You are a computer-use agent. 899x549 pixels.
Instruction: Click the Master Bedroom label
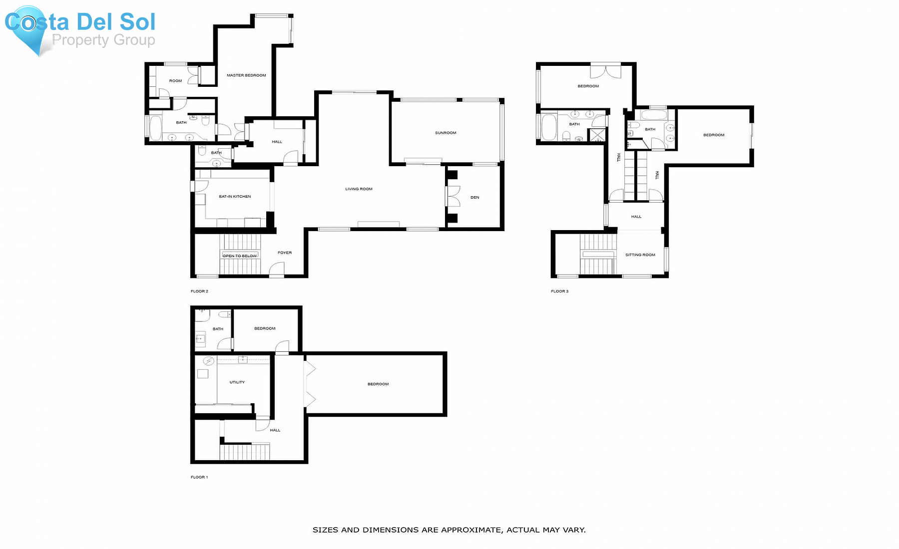246,75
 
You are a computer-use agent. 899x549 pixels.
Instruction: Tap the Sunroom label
446,133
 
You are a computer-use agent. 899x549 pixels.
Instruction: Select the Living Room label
359,189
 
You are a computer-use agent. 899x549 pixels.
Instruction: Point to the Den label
474,198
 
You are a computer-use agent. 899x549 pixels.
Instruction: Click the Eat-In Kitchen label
235,197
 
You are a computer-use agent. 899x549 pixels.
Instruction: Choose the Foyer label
285,253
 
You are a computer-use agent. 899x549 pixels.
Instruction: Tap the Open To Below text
240,256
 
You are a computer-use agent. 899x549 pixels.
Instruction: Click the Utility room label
237,382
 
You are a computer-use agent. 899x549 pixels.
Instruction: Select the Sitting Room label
640,255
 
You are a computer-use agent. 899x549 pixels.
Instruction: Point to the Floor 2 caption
199,291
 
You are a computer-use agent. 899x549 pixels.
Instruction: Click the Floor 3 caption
559,291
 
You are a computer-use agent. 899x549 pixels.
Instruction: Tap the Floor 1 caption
199,478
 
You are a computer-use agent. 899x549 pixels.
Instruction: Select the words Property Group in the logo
103,40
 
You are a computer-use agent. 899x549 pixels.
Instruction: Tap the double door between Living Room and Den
452,196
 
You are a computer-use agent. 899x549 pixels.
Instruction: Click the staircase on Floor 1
245,452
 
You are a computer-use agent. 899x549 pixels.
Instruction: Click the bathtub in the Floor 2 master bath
155,128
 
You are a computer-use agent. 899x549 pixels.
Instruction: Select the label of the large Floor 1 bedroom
378,384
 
